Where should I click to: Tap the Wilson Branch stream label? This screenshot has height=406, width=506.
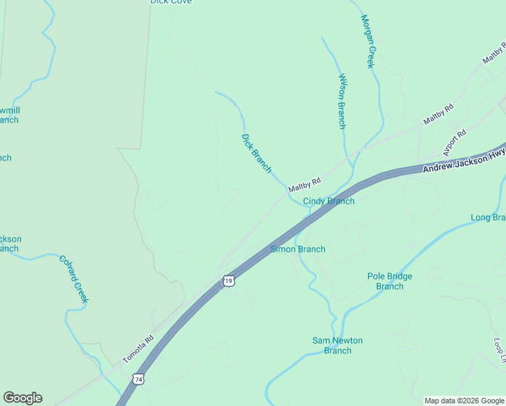click(x=342, y=101)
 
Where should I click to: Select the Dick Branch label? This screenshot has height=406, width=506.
click(x=256, y=153)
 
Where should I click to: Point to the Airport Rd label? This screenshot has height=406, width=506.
click(x=455, y=143)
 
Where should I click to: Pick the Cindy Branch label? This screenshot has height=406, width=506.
click(x=328, y=201)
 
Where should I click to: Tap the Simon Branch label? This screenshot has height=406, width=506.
click(x=298, y=249)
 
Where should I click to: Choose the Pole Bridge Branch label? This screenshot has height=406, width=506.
click(x=390, y=281)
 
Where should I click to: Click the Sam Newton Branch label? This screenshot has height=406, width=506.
click(x=338, y=345)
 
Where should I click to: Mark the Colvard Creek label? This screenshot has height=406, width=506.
click(x=74, y=279)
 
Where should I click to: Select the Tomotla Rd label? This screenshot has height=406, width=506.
click(x=138, y=348)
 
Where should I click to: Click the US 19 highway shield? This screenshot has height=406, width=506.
click(x=229, y=281)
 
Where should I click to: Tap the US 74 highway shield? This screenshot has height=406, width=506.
click(x=138, y=380)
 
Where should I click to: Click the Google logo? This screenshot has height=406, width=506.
click(x=22, y=398)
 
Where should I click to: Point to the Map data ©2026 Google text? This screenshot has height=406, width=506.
click(x=464, y=401)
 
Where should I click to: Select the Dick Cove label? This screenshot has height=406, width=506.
click(x=170, y=2)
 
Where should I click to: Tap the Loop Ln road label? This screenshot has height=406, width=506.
click(x=499, y=351)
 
